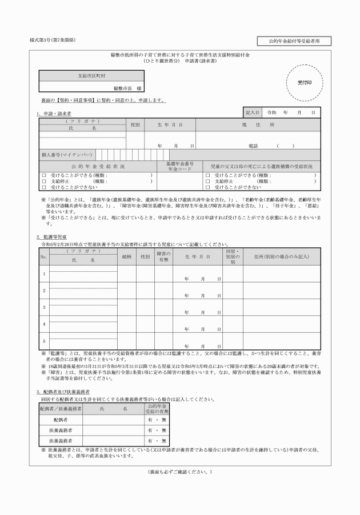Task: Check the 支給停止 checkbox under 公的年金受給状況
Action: point(43,180)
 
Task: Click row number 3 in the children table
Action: point(43,307)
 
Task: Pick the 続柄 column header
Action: point(127,257)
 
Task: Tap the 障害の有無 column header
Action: point(163,257)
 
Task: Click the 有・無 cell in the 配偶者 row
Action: point(153,419)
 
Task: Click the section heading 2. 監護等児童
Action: point(52,236)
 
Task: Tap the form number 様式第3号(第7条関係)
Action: point(53,40)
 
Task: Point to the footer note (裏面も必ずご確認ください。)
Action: point(180,472)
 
